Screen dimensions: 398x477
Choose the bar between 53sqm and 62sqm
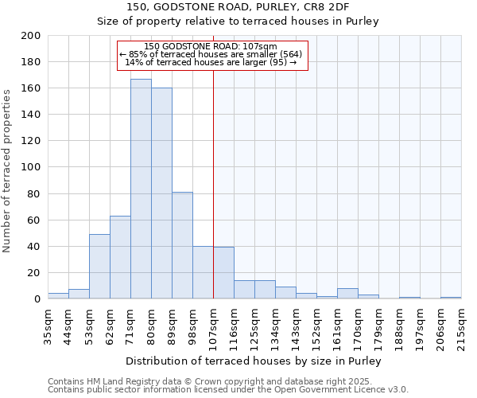coord(99,266)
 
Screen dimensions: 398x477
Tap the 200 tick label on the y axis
coord(30,36)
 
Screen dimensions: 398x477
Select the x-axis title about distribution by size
coord(254,361)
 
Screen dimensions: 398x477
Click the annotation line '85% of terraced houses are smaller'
coord(211,54)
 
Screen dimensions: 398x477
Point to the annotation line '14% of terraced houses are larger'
coord(211,62)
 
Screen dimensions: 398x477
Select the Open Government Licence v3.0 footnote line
coord(227,390)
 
